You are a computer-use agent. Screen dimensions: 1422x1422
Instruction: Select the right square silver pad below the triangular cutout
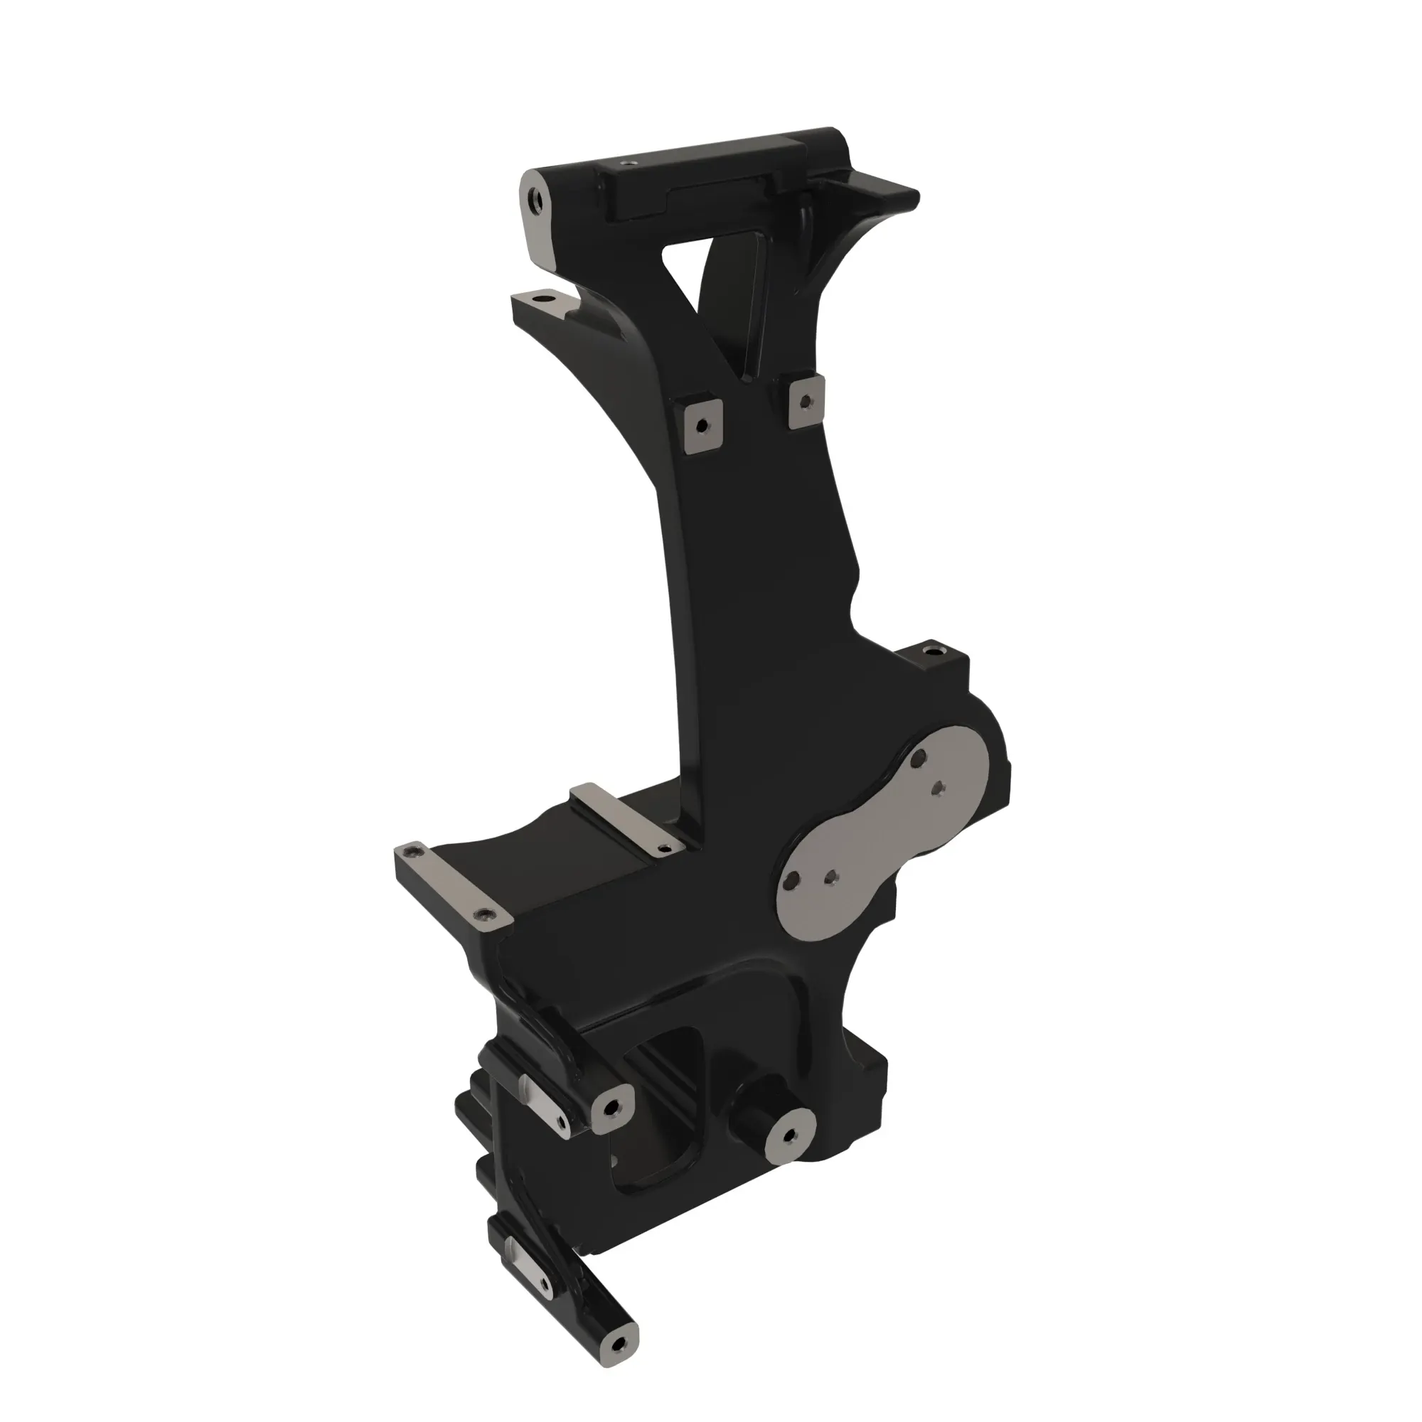(806, 402)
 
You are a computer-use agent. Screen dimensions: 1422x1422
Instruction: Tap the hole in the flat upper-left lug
(544, 300)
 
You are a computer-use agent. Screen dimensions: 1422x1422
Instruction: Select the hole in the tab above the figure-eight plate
(935, 651)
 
